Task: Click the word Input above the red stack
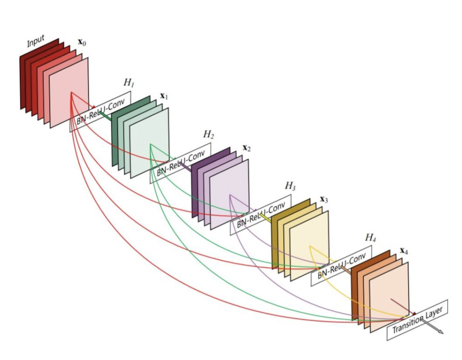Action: point(36,41)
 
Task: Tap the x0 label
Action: point(82,42)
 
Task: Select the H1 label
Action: point(129,83)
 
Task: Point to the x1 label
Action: point(164,96)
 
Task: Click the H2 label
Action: point(208,134)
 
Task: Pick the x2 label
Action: point(247,148)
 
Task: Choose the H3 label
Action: point(290,186)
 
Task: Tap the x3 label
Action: point(324,199)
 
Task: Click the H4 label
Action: point(371,238)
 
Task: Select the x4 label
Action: point(404,251)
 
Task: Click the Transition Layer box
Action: point(417,320)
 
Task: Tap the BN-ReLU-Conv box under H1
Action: point(100,112)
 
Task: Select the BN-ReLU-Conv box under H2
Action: point(180,163)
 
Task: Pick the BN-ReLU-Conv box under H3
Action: point(261,214)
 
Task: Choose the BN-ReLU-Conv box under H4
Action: point(342,266)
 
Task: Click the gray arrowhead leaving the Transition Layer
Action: point(440,331)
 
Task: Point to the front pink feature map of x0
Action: point(69,92)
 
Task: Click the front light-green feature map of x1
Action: point(149,143)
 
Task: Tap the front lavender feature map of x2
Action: point(230,195)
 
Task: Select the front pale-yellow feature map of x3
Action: point(310,246)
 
